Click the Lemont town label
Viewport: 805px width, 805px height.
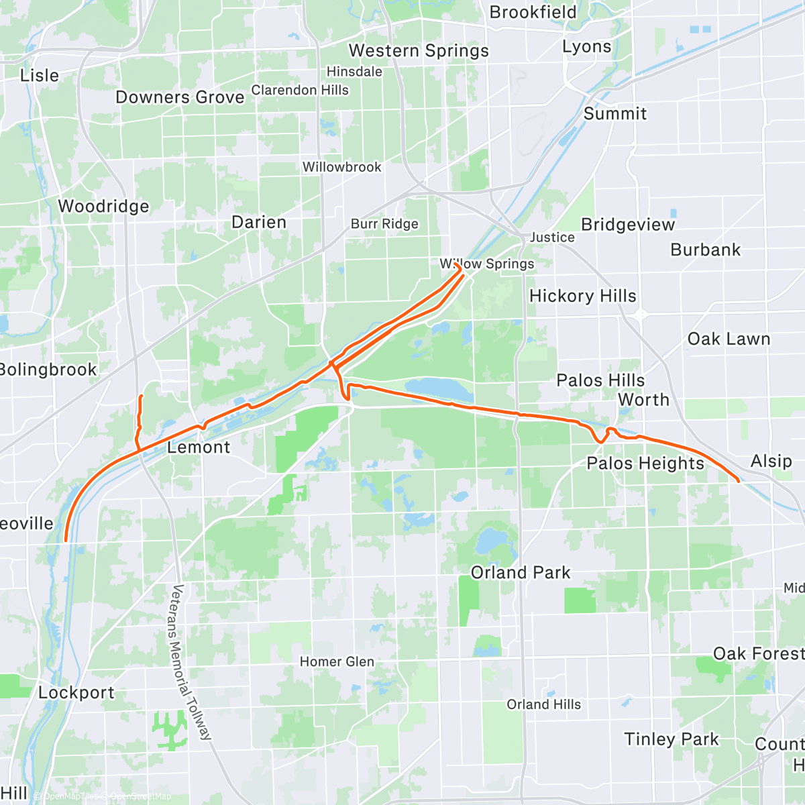(199, 447)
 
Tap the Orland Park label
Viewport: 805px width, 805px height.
(521, 573)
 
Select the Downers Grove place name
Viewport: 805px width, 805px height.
(180, 97)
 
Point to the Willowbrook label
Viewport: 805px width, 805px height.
(341, 167)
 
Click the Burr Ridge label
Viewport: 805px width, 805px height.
(384, 224)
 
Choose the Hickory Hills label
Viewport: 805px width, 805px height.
(582, 296)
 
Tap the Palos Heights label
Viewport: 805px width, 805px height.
(645, 463)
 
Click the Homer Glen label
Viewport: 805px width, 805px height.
(337, 662)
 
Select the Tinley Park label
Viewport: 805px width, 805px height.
(672, 739)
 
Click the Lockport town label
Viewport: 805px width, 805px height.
(76, 692)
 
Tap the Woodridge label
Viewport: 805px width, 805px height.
(104, 206)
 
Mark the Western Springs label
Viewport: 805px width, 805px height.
(419, 51)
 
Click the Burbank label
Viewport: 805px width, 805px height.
(706, 250)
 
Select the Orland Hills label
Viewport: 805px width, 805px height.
(544, 704)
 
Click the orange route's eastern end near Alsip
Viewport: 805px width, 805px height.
(739, 481)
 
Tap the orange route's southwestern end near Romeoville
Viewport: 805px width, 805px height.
(65, 540)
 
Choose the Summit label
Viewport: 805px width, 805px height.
(614, 114)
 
